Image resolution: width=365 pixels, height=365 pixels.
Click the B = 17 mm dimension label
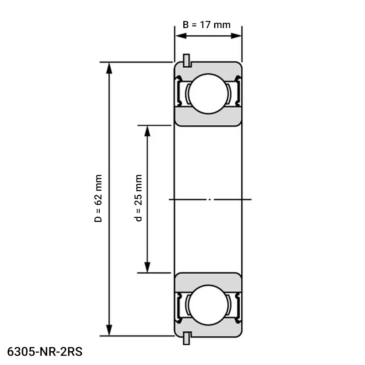pos(206,25)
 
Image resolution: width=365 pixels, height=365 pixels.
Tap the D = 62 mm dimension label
pos(98,198)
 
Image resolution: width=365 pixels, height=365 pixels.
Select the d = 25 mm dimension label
pos(138,198)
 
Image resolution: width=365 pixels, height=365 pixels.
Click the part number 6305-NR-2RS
pos(45,352)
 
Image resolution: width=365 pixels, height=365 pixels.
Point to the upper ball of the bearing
pos(208,94)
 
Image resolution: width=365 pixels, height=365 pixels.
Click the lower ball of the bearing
pos(208,305)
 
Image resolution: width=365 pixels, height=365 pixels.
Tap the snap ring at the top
pos(187,60)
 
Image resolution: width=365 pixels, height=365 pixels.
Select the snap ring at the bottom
pos(187,338)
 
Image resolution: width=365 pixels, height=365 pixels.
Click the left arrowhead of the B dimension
pos(181,36)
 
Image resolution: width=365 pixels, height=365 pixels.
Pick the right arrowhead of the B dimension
pos(236,36)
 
